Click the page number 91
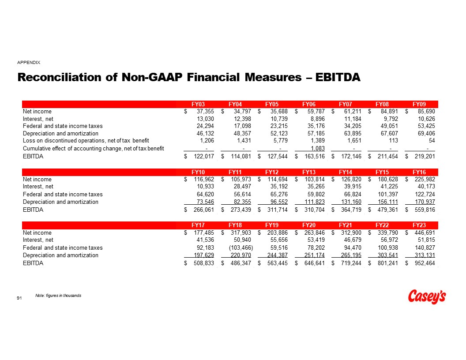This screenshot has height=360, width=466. tap(19, 299)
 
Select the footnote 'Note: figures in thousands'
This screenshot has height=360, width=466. tap(58, 295)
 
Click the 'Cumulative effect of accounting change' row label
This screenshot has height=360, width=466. tap(93, 148)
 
